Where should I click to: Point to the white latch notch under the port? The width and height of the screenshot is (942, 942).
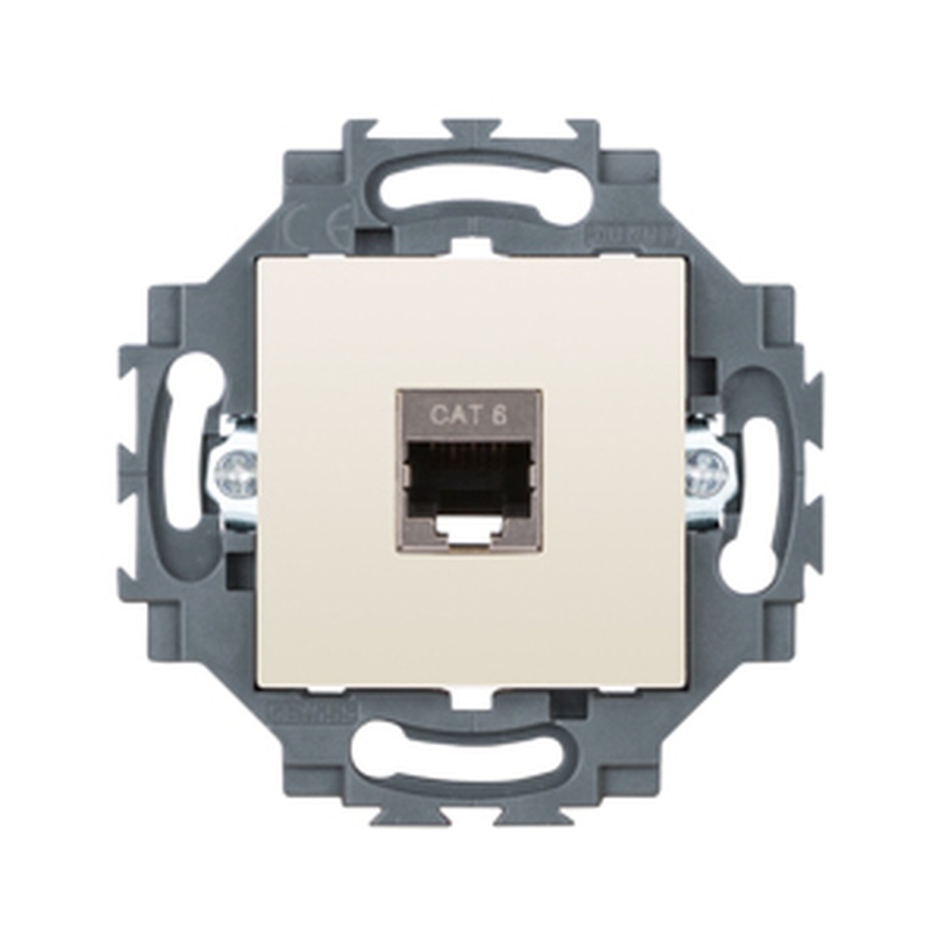469,531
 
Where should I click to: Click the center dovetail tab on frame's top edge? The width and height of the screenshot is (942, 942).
471,128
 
